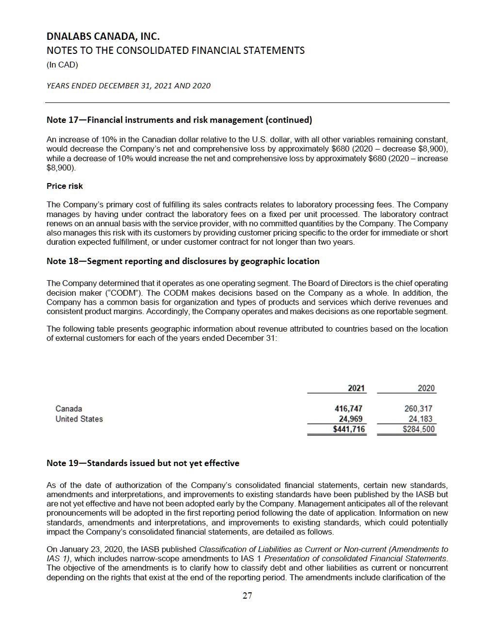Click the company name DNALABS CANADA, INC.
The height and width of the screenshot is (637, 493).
point(103,36)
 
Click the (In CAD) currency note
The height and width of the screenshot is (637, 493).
point(62,65)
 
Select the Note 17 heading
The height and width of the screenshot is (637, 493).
point(179,120)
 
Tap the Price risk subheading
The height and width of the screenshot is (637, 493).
point(65,186)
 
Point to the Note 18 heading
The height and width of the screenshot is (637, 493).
point(183,261)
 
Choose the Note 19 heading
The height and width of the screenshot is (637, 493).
point(143,463)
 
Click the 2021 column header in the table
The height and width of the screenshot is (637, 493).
point(356,388)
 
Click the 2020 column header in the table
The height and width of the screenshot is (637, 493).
point(426,388)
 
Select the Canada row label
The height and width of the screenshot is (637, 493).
point(68,409)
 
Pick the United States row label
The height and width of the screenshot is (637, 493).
point(79,419)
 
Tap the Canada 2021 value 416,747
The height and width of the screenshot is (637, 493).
point(348,409)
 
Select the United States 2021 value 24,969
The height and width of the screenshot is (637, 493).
point(350,419)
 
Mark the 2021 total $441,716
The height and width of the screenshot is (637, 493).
point(348,429)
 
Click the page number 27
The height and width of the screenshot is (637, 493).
point(247,596)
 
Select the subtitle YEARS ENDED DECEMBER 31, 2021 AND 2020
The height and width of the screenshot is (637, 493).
point(129,86)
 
